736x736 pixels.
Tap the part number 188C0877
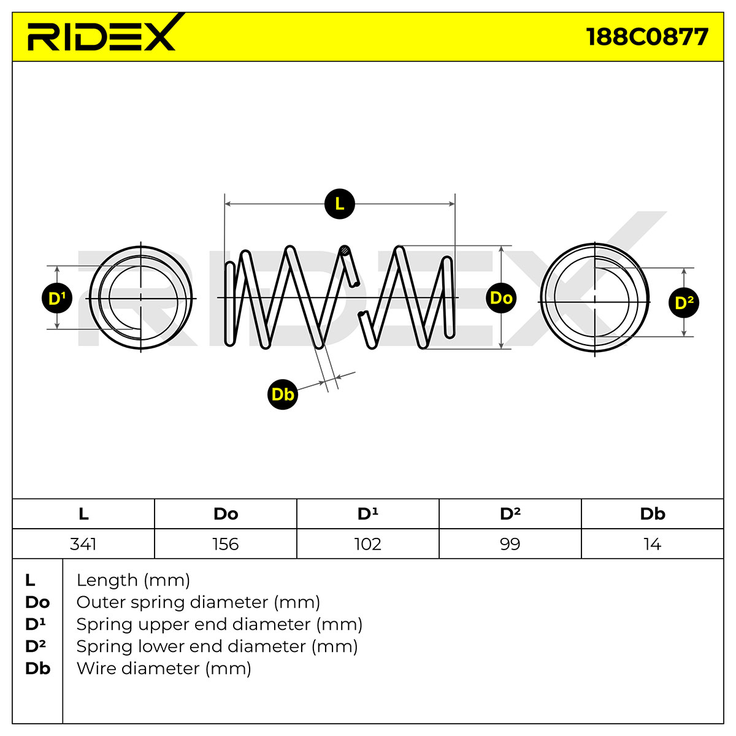647,37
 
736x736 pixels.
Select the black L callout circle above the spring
340,204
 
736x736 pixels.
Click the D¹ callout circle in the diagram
57,298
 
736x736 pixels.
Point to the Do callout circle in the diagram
501,298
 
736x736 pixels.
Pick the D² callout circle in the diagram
684,302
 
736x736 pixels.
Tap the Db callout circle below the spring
283,394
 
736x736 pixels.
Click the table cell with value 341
83,544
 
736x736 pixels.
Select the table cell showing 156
226,544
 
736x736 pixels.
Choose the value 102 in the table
368,544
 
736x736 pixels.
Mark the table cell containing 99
510,544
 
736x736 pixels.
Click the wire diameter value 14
653,544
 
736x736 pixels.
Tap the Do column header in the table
226,514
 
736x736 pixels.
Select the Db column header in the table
653,514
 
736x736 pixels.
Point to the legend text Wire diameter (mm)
164,669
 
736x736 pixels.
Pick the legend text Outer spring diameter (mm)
198,602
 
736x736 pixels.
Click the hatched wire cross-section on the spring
345,251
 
